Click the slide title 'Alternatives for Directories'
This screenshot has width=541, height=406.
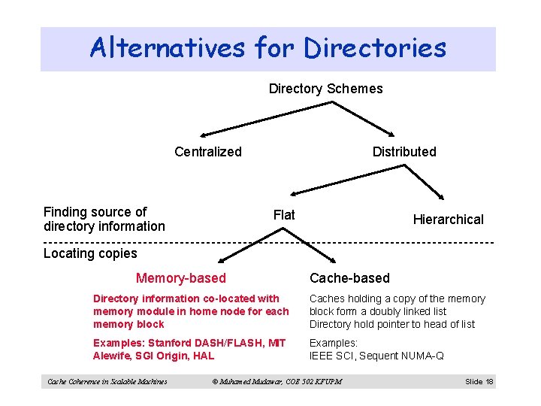tap(267, 48)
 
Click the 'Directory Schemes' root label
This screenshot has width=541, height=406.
tap(325, 89)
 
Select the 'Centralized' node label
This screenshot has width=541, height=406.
tap(208, 152)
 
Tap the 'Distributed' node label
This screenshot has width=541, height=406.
tap(404, 152)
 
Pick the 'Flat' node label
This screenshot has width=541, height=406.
tap(284, 215)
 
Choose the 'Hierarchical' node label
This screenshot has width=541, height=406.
tap(448, 220)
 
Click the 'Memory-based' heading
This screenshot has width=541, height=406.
tap(180, 279)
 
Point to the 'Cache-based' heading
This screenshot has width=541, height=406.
tap(350, 279)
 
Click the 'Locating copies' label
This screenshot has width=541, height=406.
tap(90, 253)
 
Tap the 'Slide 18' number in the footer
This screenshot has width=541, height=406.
tap(479, 382)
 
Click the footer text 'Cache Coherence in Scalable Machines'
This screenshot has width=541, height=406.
tap(107, 382)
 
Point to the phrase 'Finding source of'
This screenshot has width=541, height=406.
tap(95, 212)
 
